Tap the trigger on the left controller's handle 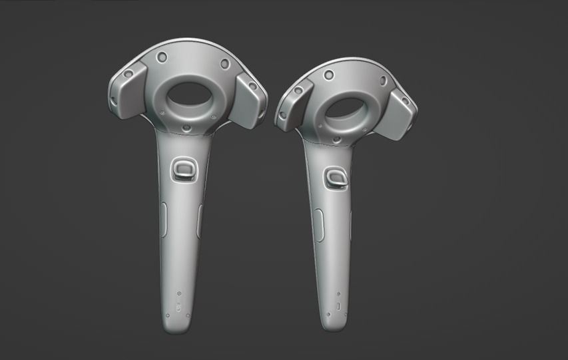click(x=184, y=169)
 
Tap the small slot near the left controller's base click(x=178, y=308)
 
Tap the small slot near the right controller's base click(x=337, y=307)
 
